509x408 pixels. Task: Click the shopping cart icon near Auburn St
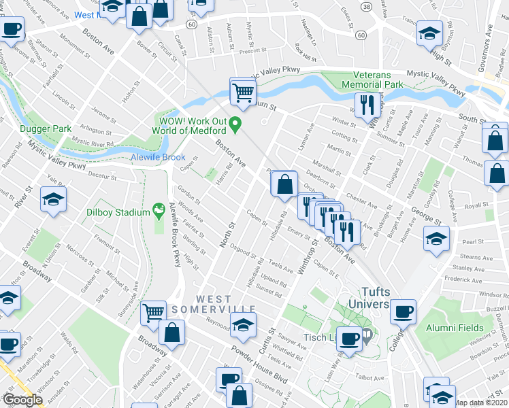242,90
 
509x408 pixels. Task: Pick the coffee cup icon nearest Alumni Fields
404,311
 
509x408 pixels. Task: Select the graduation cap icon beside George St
436,238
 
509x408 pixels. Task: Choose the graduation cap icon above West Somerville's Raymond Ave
241,326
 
